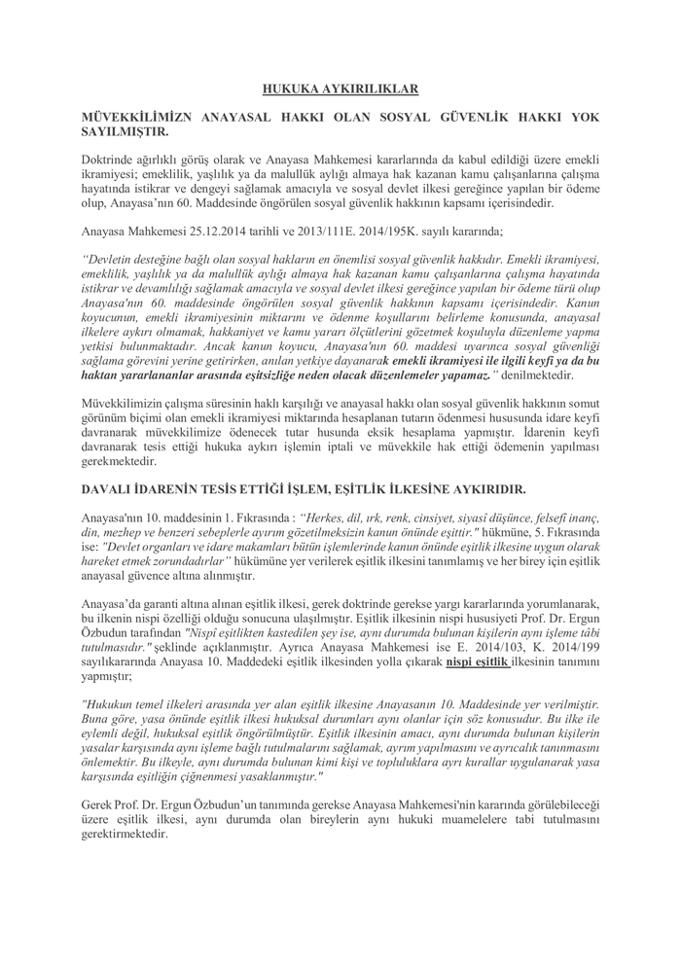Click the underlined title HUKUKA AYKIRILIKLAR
pyautogui.click(x=340, y=89)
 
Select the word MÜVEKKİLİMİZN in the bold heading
pyautogui.click(x=131, y=117)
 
